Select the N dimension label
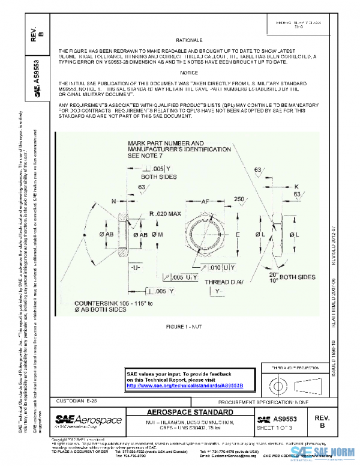pos(114,202)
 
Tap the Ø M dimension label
pos(158,234)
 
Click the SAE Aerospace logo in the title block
pos(88,420)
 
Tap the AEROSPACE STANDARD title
pos(191,413)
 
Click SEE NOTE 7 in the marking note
pos(149,155)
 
